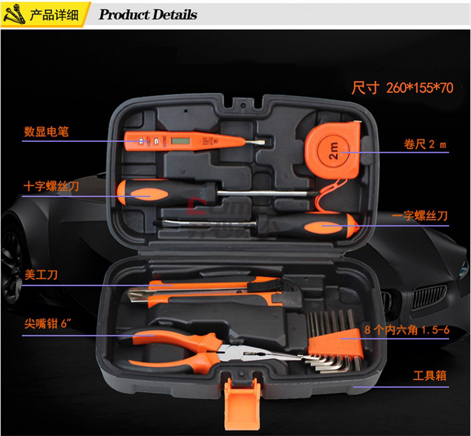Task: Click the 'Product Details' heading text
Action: point(148,14)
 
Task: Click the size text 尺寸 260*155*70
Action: point(403,87)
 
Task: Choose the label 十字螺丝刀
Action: point(51,187)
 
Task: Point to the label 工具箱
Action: point(429,376)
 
